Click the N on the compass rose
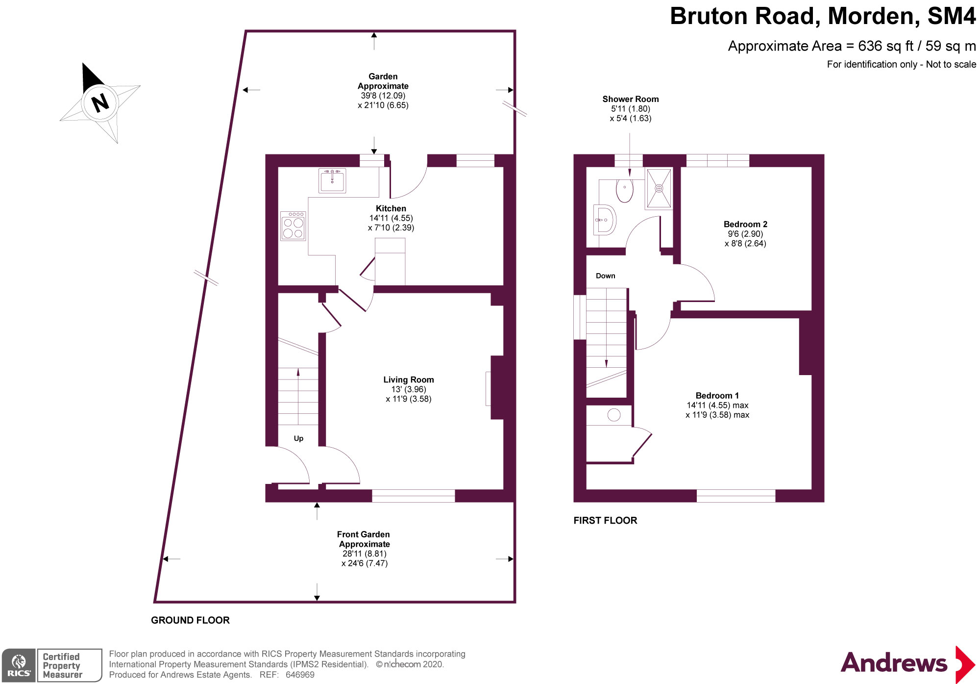point(100,103)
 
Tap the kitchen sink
point(332,180)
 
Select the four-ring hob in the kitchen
point(293,226)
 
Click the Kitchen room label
point(391,208)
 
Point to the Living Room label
point(408,380)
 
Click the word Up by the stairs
point(298,438)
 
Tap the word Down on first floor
point(605,276)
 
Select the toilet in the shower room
point(624,190)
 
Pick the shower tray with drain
point(659,188)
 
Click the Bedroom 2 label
point(745,224)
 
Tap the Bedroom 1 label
point(717,395)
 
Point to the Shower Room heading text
point(630,99)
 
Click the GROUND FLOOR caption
point(190,620)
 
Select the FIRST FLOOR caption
point(605,520)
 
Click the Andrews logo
point(906,663)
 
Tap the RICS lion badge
point(19,665)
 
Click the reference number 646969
point(300,675)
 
